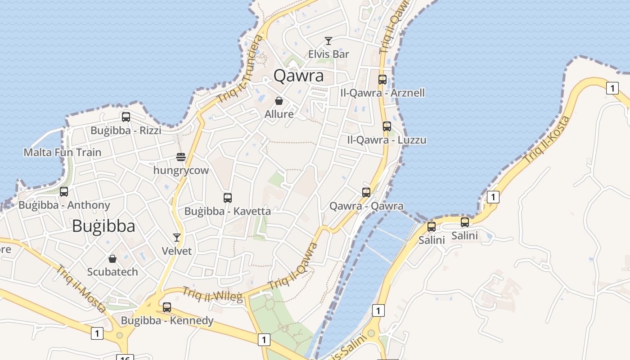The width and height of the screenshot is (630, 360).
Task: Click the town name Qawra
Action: (298, 76)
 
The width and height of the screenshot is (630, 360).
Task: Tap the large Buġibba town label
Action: (103, 226)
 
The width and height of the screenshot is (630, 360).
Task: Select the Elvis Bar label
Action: (328, 54)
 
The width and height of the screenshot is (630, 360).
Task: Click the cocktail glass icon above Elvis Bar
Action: (328, 41)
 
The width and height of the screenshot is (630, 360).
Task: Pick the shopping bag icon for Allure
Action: (279, 101)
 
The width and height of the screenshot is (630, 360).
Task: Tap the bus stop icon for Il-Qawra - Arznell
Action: (382, 80)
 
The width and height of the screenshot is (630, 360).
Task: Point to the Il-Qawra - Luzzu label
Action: (387, 140)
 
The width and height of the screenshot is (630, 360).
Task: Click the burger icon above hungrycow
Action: (181, 157)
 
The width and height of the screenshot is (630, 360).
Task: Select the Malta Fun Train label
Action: (63, 152)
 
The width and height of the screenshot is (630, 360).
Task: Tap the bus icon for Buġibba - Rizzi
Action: (126, 117)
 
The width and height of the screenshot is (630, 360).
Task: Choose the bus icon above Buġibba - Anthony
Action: (64, 192)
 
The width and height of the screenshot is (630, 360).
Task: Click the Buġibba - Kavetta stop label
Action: (228, 211)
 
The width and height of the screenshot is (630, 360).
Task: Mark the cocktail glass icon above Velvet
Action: (177, 237)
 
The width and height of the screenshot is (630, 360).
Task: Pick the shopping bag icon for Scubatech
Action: (112, 259)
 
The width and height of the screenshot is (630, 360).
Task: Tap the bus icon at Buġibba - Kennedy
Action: (167, 307)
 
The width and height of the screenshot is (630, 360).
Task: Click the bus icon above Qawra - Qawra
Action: (366, 193)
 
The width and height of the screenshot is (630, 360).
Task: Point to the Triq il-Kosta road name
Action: (548, 139)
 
